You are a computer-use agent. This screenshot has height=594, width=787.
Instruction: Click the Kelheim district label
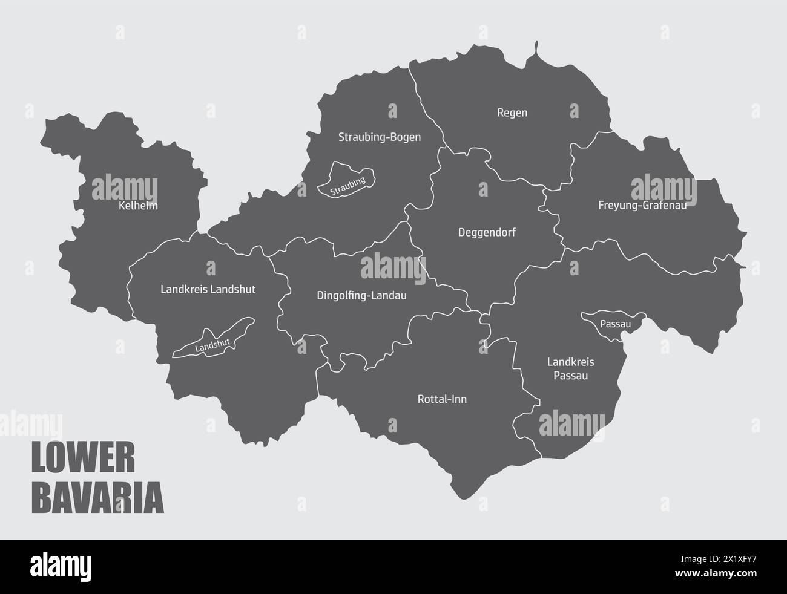(139, 206)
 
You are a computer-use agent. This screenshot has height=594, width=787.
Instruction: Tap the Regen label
(512, 113)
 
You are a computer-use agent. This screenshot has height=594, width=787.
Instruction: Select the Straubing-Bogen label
(379, 137)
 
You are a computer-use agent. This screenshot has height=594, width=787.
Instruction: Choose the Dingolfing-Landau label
(361, 296)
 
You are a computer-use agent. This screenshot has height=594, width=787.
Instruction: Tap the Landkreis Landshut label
(208, 289)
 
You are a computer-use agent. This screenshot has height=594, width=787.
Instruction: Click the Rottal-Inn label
(442, 399)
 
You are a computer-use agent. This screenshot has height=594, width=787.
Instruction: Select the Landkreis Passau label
(570, 369)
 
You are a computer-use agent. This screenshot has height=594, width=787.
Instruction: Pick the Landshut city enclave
(212, 342)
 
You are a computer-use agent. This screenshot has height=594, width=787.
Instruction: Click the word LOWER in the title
(83, 459)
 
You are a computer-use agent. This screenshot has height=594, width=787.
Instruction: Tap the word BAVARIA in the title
(97, 497)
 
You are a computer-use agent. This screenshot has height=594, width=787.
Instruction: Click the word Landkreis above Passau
(570, 362)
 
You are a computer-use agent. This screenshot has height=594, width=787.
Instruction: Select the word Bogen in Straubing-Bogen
(406, 137)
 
